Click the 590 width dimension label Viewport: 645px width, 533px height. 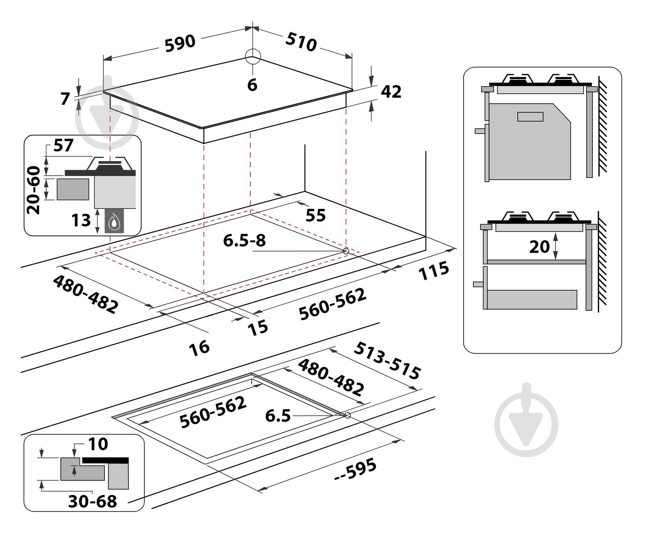pos(180,43)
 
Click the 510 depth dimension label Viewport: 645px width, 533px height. pos(301,42)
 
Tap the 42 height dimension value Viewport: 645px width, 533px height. pos(391,92)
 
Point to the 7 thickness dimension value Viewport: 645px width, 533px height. pos(65,99)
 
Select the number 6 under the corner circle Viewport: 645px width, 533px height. pos(253,85)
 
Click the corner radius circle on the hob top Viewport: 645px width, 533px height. pos(253,57)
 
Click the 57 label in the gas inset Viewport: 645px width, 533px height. pos(63,145)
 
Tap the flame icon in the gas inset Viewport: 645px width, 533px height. pos(114,223)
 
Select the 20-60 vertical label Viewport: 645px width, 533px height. pos(34,190)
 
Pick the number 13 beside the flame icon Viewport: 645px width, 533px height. pos(81,220)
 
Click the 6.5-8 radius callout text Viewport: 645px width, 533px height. pos(244,240)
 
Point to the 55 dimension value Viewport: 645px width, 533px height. pos(315,215)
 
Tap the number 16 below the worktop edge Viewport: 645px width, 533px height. pos(199,348)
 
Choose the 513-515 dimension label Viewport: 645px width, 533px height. pos(387,360)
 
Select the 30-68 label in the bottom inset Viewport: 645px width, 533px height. pos(93,501)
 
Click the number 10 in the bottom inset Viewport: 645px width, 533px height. pos(98,444)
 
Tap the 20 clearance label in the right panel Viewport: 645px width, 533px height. pos(539,247)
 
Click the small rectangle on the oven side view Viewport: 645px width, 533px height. pos(530,117)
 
